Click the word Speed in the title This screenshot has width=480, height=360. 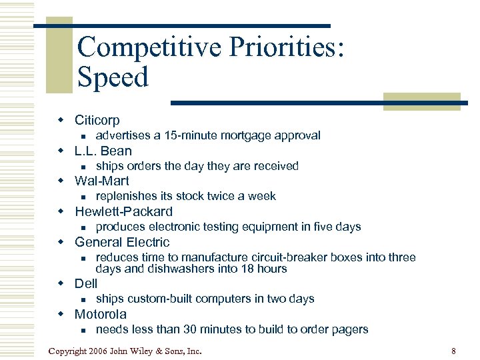(x=113, y=78)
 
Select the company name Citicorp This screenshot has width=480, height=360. (x=97, y=120)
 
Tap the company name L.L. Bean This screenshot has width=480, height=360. (x=103, y=151)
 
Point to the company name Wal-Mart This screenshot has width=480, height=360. (x=102, y=181)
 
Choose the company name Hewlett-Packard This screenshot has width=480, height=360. (x=123, y=211)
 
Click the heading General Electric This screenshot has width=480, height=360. (x=122, y=242)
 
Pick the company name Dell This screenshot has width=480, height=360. (x=86, y=283)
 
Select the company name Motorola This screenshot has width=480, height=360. (x=101, y=314)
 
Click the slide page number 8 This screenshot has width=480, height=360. (x=453, y=351)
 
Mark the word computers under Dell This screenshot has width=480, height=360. (x=232, y=299)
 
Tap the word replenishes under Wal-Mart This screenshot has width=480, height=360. (x=127, y=196)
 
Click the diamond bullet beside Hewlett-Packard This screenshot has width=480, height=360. (x=60, y=211)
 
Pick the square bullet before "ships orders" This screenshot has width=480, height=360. (x=81, y=167)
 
